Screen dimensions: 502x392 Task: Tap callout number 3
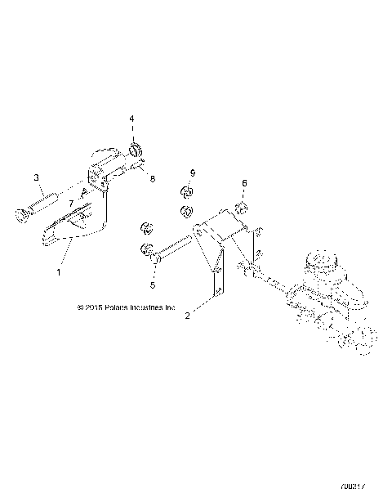pos(36,177)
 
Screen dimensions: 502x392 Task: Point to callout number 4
pos(131,119)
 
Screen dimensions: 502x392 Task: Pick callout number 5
pos(151,285)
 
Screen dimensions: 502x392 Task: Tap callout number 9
pos(193,173)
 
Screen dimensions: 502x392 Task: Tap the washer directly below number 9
pos(185,193)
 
